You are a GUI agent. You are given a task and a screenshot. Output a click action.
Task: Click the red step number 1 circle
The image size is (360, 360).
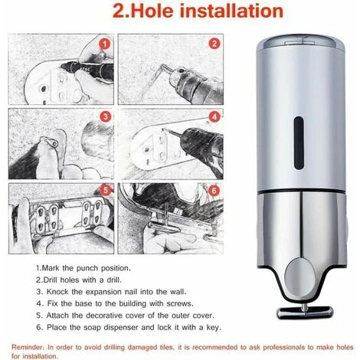coord(106,47)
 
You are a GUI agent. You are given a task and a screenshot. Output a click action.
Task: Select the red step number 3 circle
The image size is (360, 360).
coord(106,118)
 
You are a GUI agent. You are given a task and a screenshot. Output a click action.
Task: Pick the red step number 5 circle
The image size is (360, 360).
coord(106,188)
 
